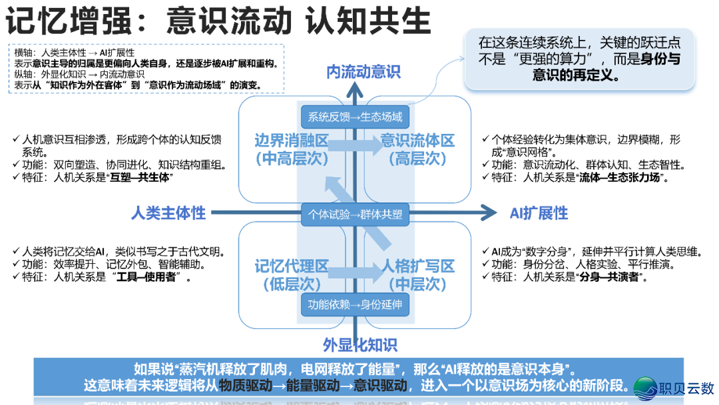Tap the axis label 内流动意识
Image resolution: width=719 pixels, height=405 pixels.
click(363, 72)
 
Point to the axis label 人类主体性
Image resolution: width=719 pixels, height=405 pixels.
click(168, 213)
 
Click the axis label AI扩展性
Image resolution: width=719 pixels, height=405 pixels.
click(539, 213)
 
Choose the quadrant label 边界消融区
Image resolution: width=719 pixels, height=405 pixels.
click(292, 141)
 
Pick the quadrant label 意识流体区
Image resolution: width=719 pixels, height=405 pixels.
click(417, 141)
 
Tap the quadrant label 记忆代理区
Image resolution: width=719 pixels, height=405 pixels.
click(292, 267)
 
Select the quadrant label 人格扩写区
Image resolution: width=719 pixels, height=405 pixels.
click(417, 267)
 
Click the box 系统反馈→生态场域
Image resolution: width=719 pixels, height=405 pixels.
click(355, 117)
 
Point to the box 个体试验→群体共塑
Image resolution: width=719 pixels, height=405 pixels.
click(355, 214)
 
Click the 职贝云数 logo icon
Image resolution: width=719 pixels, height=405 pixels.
click(644, 386)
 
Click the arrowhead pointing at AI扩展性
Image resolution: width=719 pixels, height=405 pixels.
click(489, 213)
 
